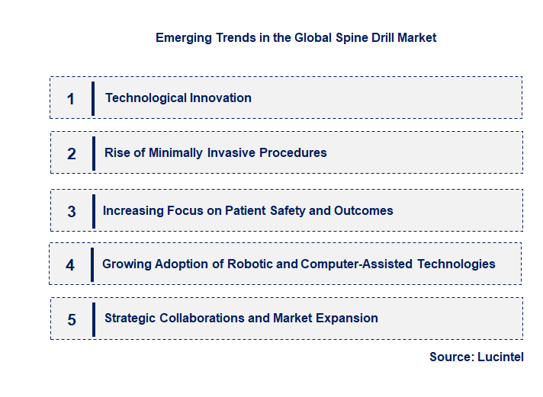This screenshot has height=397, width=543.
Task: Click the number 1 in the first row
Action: [71, 98]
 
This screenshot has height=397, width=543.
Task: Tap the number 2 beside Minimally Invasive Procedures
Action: [72, 153]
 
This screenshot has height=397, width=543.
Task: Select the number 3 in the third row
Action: [72, 211]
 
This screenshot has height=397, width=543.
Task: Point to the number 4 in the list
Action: [70, 265]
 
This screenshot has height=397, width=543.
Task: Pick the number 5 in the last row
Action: [72, 319]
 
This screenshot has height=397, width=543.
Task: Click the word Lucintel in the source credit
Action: [500, 357]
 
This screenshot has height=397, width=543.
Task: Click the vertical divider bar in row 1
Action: [93, 98]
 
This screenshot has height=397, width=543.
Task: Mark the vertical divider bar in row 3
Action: [93, 210]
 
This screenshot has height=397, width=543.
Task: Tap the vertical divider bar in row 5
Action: [93, 319]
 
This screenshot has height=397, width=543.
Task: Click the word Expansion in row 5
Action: [349, 318]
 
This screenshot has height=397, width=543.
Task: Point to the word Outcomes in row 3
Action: [363, 210]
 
